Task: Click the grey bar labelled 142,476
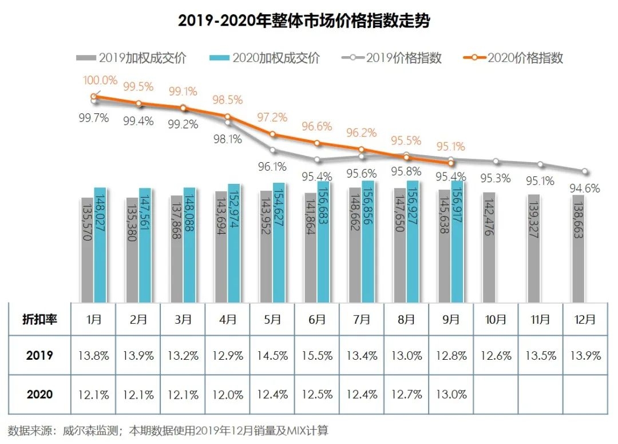pyautogui.click(x=489, y=247)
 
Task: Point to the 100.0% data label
pyautogui.click(x=101, y=80)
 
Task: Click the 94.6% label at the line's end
pyautogui.click(x=584, y=187)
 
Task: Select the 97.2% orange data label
pyautogui.click(x=272, y=117)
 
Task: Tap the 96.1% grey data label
pyautogui.click(x=272, y=167)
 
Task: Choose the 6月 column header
pyautogui.click(x=317, y=319)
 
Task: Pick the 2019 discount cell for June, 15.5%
pyautogui.click(x=317, y=356)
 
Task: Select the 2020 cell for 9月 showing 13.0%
pyautogui.click(x=451, y=394)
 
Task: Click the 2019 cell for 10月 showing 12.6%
pyautogui.click(x=496, y=356)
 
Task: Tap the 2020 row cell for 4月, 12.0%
pyautogui.click(x=228, y=394)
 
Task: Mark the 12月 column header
pyautogui.click(x=585, y=319)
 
